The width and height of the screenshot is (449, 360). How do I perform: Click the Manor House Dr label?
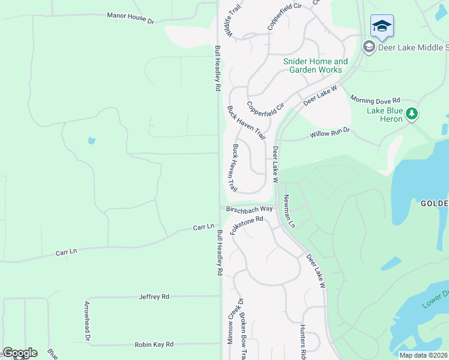pyautogui.click(x=130, y=18)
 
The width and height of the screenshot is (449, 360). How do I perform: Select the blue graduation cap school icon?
pyautogui.click(x=382, y=26)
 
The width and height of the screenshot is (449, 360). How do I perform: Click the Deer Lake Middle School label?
pyautogui.click(x=413, y=47)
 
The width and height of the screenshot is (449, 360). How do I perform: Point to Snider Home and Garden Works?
pyautogui.click(x=315, y=65)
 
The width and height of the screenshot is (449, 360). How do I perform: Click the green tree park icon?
pyautogui.click(x=411, y=113)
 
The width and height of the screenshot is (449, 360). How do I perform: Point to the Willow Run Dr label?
pyautogui.click(x=330, y=133)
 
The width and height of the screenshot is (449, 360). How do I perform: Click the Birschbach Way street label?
pyautogui.click(x=250, y=209)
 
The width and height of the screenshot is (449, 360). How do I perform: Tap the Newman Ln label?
pyautogui.click(x=289, y=211)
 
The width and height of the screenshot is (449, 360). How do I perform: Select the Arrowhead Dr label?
pyautogui.click(x=88, y=321)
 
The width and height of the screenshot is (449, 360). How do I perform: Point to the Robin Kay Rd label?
pyautogui.click(x=154, y=344)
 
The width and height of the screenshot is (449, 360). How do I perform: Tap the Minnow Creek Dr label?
pyautogui.click(x=231, y=322)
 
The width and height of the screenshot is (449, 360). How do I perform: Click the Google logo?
pyautogui.click(x=20, y=353)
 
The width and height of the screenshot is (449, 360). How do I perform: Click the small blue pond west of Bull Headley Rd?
pyautogui.click(x=91, y=140)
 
